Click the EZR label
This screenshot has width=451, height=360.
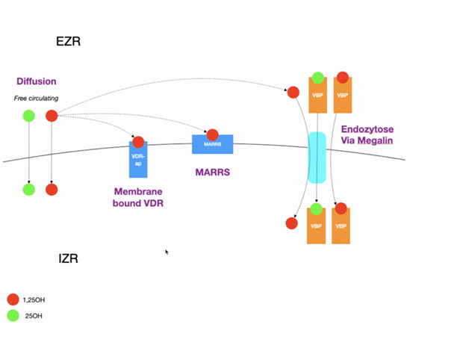pos(68,41)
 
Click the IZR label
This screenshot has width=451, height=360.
pos(68,259)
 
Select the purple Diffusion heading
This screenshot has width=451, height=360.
pos(37,81)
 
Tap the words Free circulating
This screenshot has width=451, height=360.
pos(37,99)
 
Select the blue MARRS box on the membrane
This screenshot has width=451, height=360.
pos(213,145)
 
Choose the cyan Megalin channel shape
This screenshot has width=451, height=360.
pos(317,158)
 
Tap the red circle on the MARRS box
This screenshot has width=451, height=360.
pos(213,135)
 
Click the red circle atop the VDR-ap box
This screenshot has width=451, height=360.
pos(138,142)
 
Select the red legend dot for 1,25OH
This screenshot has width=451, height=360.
pos(13,300)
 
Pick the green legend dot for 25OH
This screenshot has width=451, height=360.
pos(13,316)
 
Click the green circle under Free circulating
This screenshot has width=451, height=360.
pos(28,115)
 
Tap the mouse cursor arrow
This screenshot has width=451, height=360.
pos(167,252)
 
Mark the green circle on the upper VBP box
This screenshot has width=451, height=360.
pos(317,78)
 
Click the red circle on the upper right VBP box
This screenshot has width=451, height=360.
pos(343,77)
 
